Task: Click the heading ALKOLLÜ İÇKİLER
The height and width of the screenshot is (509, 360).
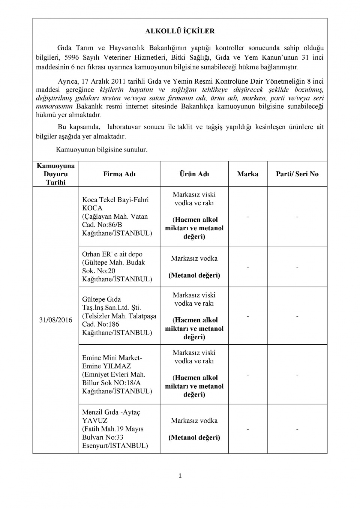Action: coord(180,31)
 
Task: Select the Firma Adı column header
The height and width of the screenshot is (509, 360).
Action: coord(119,174)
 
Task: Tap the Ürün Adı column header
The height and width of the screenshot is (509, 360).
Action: coord(194,174)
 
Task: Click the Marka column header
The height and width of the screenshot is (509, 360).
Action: coord(247,174)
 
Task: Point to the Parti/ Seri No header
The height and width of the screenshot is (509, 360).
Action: coord(297,174)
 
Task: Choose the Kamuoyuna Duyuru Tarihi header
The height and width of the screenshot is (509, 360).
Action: coord(55,174)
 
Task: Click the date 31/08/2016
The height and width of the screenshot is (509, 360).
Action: coord(55,320)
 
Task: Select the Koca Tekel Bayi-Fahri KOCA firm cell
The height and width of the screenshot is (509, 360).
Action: coord(117,216)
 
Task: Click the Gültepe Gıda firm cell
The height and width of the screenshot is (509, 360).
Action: coord(119,316)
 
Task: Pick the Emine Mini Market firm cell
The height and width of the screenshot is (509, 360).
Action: coord(117,374)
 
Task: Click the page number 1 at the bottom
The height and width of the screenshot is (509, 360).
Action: coord(180,476)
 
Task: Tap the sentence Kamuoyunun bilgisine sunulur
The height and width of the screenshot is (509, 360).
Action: coord(102,150)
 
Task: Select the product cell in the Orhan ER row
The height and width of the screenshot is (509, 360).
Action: coord(194,267)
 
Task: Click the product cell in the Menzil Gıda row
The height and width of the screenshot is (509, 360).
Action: coord(194,429)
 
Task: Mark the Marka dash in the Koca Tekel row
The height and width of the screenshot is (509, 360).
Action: coord(247,216)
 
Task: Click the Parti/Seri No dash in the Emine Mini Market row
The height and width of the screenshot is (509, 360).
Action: coord(297,374)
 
